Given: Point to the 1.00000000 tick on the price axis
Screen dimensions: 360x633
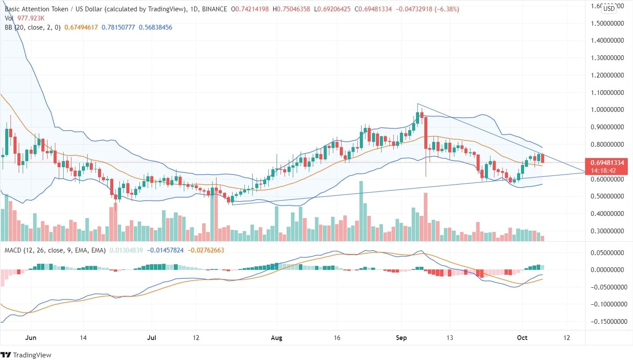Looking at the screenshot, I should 609,110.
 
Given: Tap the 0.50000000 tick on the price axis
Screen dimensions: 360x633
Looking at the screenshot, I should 609,196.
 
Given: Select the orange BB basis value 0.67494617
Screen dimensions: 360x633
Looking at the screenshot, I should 81,27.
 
